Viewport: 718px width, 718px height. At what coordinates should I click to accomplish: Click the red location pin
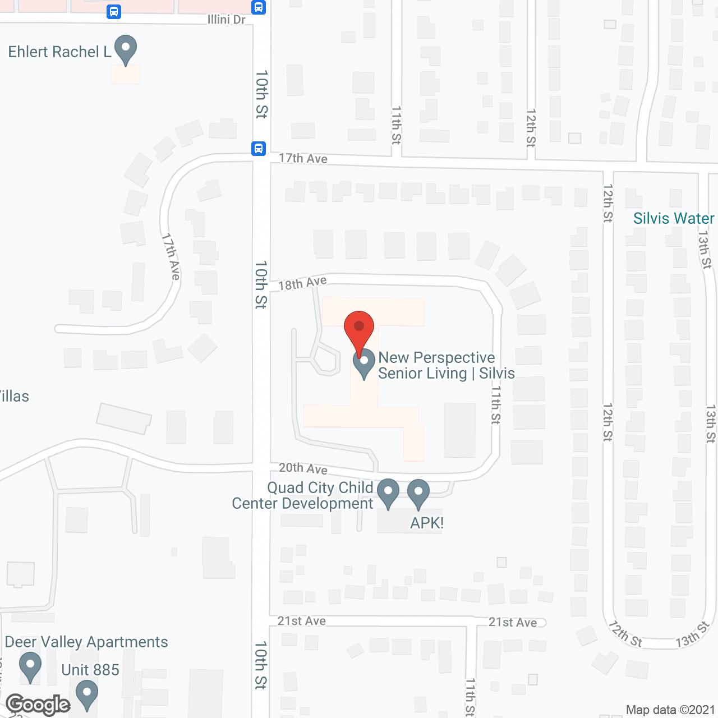358,328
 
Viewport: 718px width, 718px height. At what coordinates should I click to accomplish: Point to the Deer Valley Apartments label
86,642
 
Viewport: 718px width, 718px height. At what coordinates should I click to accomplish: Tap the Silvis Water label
674,218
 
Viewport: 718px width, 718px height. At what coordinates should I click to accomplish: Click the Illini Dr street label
227,20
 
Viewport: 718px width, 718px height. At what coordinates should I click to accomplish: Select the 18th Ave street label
302,283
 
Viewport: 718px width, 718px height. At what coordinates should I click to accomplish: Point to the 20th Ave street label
303,468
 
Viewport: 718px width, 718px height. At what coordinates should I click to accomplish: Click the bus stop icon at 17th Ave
258,149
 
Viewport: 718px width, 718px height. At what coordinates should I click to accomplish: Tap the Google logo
38,705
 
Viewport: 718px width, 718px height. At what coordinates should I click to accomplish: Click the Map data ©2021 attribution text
670,710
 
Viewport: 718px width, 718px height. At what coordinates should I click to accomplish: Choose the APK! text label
427,523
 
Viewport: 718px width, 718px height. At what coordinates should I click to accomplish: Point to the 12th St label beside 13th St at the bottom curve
625,634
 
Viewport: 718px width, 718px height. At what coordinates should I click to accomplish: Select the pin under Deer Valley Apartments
30,666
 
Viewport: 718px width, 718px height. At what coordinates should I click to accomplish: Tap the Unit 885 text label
90,670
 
